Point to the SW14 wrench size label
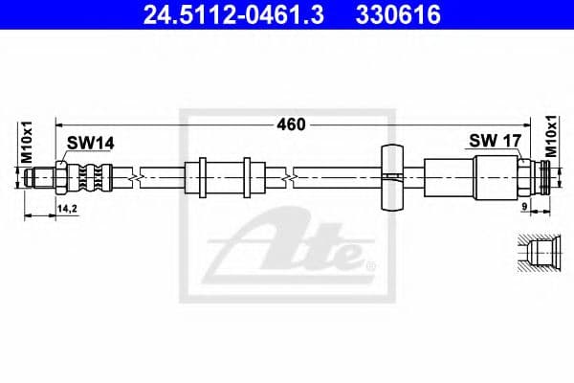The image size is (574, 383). coord(91,143)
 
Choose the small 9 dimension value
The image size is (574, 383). coord(524,207)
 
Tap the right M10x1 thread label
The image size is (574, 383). coord(552,136)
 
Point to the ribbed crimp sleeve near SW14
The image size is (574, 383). coord(93,177)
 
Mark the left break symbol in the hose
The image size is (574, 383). coord(141,177)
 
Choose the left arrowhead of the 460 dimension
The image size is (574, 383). coord(58,124)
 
